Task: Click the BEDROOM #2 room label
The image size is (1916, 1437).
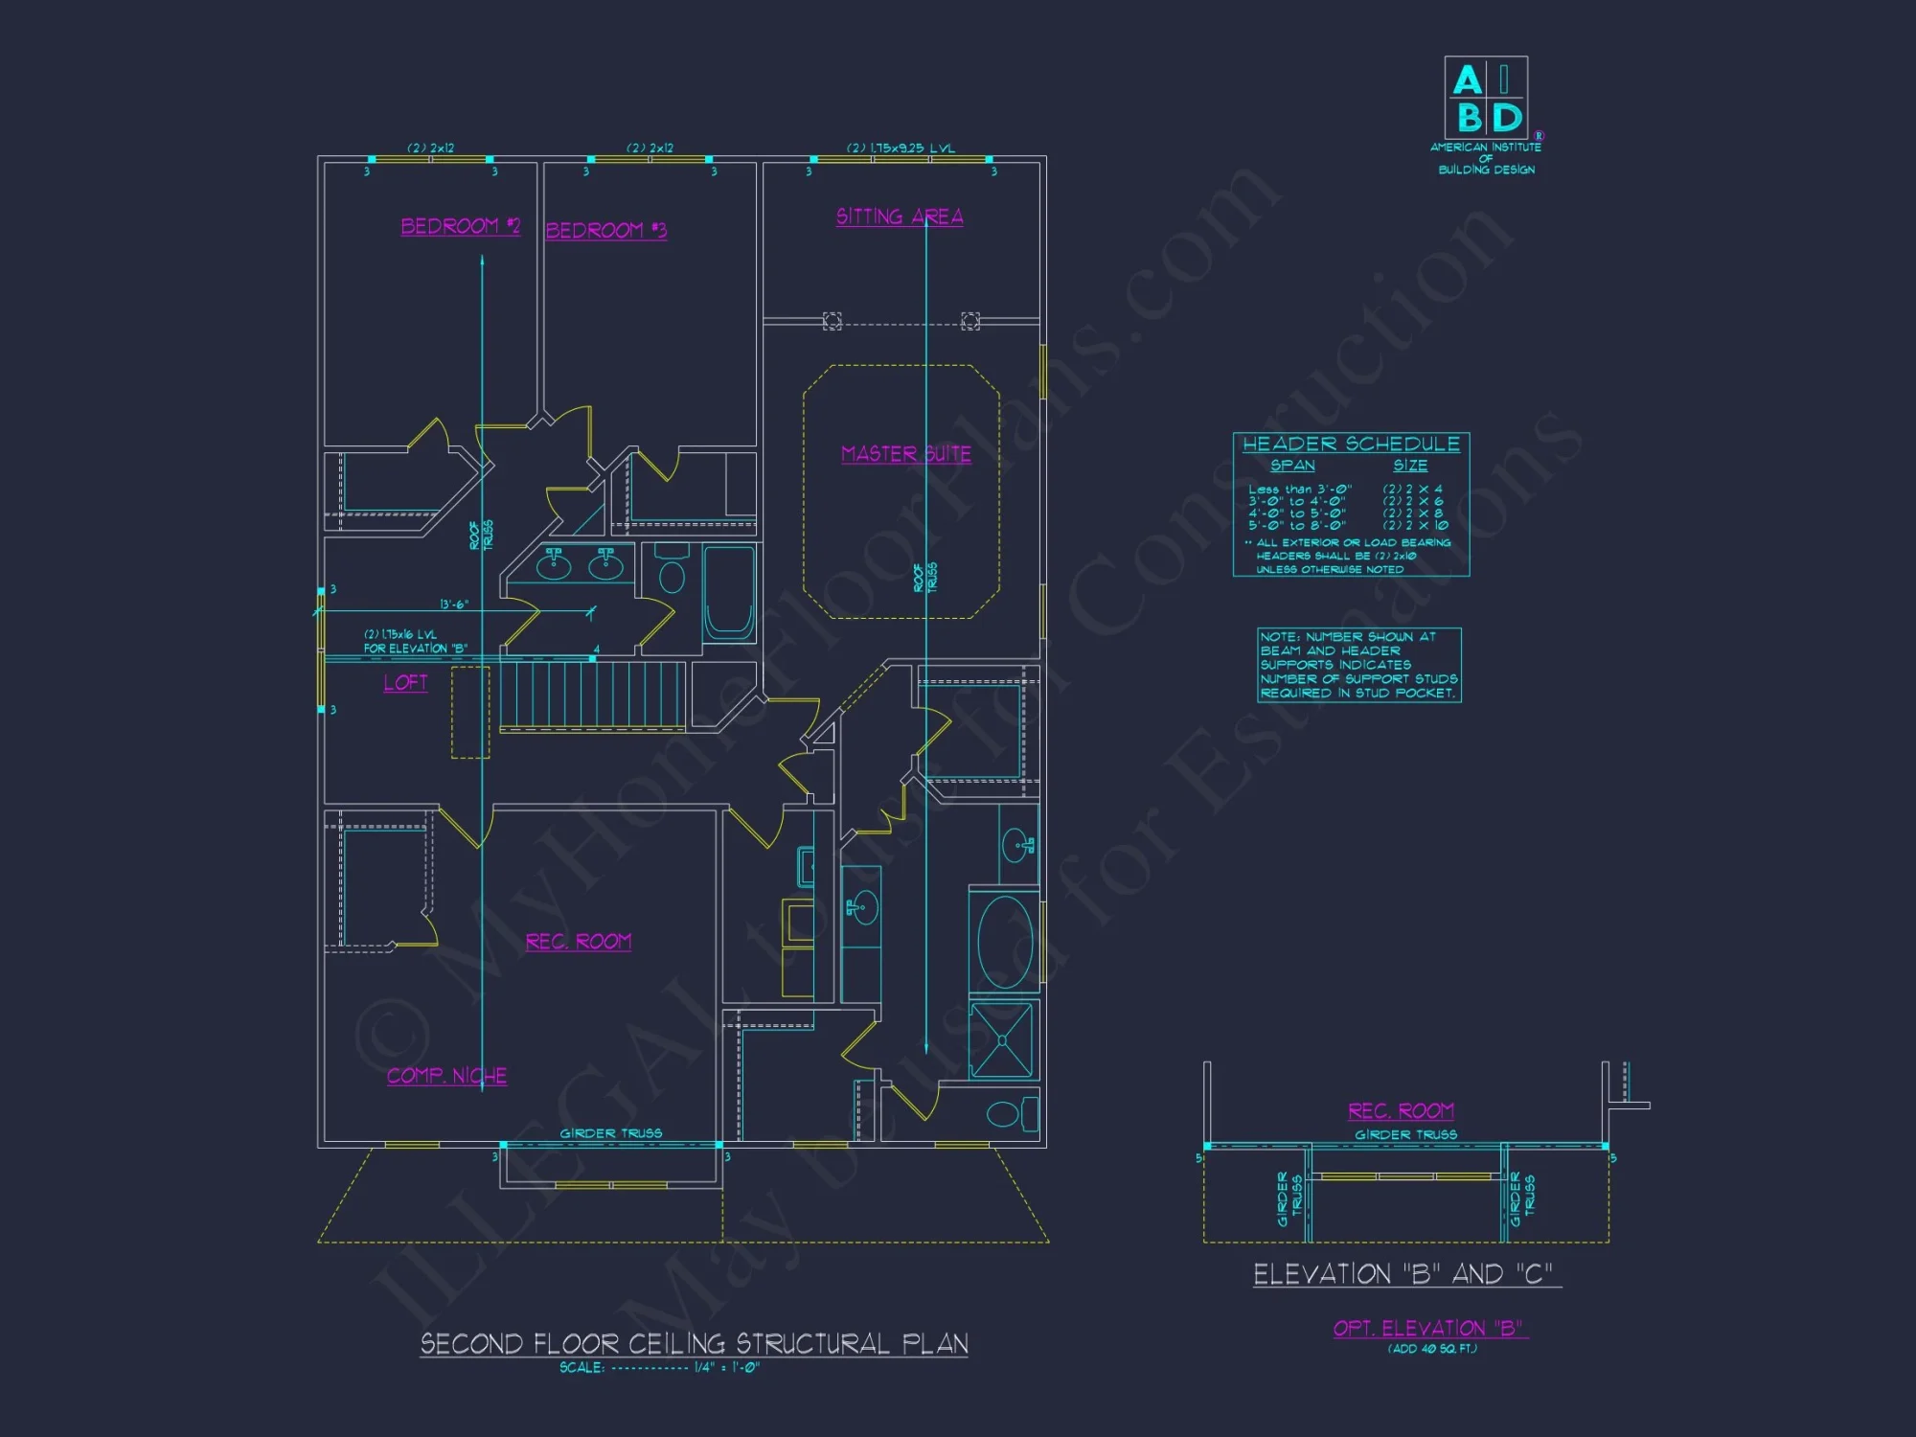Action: pyautogui.click(x=460, y=226)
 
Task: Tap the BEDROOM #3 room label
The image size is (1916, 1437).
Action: pyautogui.click(x=605, y=230)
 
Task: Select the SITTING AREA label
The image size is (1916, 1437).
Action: pyautogui.click(x=900, y=217)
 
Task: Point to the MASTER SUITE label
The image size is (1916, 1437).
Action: pyautogui.click(x=905, y=453)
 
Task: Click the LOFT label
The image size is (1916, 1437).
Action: pyautogui.click(x=405, y=682)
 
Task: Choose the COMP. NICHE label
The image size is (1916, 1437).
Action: pyautogui.click(x=446, y=1076)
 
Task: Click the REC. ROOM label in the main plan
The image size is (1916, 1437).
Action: pyautogui.click(x=578, y=942)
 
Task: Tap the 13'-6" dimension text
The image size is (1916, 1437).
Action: pyautogui.click(x=453, y=604)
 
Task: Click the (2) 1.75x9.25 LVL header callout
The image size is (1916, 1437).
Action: pyautogui.click(x=900, y=148)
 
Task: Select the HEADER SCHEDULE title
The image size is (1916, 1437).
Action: pyautogui.click(x=1351, y=444)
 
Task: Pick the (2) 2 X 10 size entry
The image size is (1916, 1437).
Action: pyautogui.click(x=1415, y=525)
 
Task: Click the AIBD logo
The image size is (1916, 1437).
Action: pyautogui.click(x=1486, y=99)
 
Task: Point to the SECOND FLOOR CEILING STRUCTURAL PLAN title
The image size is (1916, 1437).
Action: pyautogui.click(x=695, y=1343)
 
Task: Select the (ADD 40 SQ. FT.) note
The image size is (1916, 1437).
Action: pyautogui.click(x=1432, y=1349)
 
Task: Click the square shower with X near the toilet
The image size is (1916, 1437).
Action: pyautogui.click(x=1001, y=1039)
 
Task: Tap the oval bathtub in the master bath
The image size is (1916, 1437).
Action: pyautogui.click(x=1005, y=942)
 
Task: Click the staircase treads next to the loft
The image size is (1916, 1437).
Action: pyautogui.click(x=591, y=695)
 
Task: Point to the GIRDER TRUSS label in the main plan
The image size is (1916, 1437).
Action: pyautogui.click(x=610, y=1133)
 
